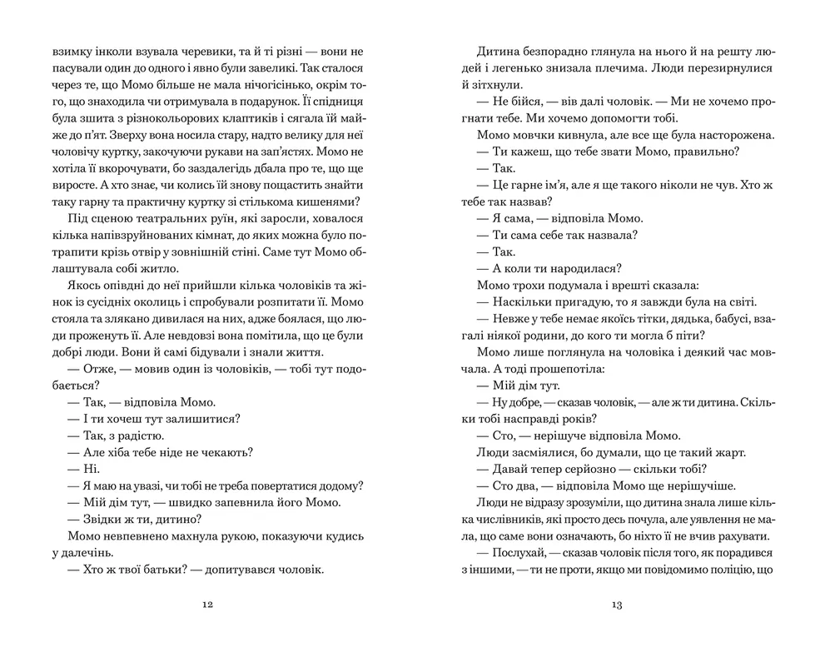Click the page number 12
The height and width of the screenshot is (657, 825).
[x=207, y=605]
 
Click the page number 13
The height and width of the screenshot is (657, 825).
[x=617, y=605]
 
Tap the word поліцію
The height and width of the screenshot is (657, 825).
[x=725, y=570]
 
